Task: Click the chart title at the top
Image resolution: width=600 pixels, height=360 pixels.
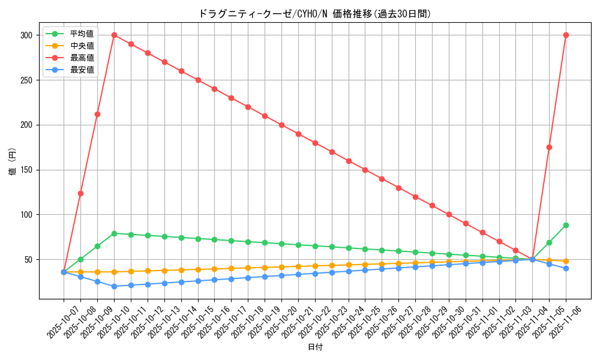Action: [x=315, y=14]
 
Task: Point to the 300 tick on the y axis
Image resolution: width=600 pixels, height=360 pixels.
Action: [x=26, y=35]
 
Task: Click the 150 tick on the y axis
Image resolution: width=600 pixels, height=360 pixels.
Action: [x=26, y=170]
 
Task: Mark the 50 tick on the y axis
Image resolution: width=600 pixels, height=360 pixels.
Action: [x=29, y=260]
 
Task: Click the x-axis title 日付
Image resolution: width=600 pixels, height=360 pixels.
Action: [x=315, y=347]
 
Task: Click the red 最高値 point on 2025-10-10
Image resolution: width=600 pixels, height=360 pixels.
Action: [x=114, y=35]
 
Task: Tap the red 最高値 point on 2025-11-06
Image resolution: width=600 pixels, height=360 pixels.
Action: [x=566, y=35]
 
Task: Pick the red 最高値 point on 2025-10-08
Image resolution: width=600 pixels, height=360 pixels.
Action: [x=80, y=193]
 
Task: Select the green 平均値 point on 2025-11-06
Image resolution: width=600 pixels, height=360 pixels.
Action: [x=566, y=225]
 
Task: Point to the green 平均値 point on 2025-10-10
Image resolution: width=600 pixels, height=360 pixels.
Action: [x=114, y=233]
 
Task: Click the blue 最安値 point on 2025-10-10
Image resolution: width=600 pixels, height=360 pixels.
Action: [x=114, y=286]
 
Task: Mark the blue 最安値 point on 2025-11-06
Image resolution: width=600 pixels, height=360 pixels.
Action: [x=566, y=268]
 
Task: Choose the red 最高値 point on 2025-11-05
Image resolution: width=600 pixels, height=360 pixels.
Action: [x=549, y=147]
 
